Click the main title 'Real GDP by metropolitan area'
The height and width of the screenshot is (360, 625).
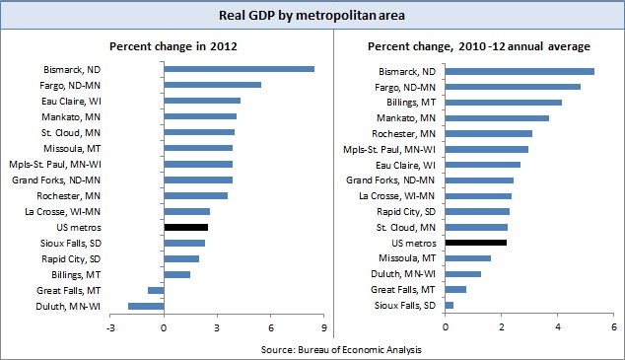(x=312, y=15)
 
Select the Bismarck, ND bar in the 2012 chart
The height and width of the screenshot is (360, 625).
(x=239, y=69)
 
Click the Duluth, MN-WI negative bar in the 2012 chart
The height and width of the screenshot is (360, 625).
(x=146, y=307)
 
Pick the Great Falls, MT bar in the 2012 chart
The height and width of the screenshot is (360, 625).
(x=155, y=290)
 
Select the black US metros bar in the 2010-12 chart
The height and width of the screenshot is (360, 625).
(x=476, y=242)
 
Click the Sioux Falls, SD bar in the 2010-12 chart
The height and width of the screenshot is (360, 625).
(x=450, y=305)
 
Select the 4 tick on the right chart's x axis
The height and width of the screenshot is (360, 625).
(x=558, y=326)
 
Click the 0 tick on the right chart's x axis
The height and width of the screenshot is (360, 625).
(x=446, y=326)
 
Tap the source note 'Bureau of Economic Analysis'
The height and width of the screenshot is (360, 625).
(x=312, y=349)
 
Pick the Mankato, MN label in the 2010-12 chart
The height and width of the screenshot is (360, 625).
(x=406, y=117)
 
